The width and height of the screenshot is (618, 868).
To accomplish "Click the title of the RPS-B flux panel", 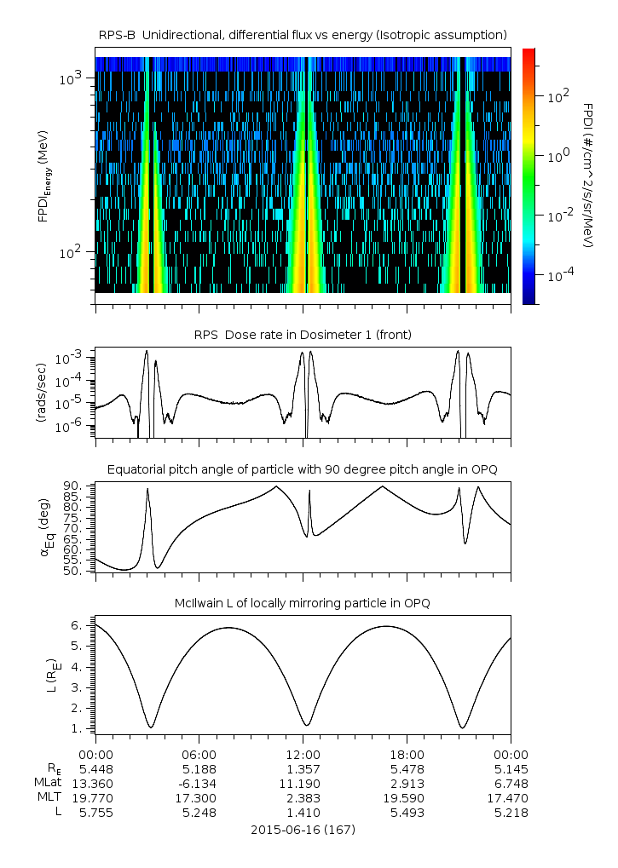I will [303, 34].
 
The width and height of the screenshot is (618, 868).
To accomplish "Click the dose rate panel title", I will [303, 335].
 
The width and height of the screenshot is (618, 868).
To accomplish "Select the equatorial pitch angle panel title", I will [303, 469].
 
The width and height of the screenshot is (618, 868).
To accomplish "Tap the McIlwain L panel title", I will [303, 603].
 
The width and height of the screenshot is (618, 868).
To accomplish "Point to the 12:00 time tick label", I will [303, 754].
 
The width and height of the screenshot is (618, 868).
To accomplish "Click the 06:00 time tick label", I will [199, 754].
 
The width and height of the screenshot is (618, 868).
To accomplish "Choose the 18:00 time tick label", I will [407, 754].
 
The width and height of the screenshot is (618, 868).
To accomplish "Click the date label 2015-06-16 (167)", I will [303, 829].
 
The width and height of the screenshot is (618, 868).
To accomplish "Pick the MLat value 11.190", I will [303, 783].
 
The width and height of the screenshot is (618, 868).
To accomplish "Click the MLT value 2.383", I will [303, 797].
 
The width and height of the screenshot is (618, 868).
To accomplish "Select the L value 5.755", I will [95, 813].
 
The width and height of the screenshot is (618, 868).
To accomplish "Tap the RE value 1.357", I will [303, 768].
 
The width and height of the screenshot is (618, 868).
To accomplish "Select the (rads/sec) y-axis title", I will [42, 392].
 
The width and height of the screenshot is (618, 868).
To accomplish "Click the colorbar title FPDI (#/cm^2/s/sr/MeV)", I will [588, 175].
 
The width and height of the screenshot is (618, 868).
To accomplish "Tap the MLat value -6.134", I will [199, 783].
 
